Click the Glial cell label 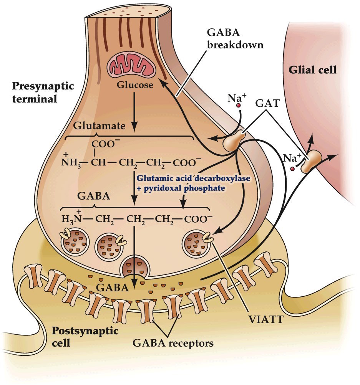coord(312,70)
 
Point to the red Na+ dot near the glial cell coord(293,168)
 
